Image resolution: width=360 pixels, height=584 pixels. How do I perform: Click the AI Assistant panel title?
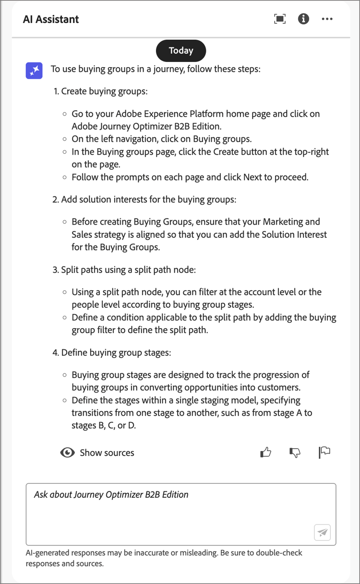point(51,20)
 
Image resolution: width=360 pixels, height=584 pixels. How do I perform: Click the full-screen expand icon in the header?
point(279,19)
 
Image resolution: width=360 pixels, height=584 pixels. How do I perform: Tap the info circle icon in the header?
point(303,19)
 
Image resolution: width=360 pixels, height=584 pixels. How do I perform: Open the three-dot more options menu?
point(327,19)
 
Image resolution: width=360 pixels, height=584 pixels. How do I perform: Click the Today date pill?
point(181,50)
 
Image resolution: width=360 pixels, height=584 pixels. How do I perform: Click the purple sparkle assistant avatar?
point(34,71)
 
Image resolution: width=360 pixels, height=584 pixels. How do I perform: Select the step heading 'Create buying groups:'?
point(104,91)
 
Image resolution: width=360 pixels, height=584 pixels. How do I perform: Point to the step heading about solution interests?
point(148,199)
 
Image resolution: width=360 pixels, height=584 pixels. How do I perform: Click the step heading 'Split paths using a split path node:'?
point(128,270)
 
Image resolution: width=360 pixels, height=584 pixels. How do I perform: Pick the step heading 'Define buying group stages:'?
point(116,353)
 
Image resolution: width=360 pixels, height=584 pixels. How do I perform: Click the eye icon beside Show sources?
point(68,453)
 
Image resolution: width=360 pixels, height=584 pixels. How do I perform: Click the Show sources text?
point(107,453)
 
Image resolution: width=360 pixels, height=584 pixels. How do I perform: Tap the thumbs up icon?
point(265,452)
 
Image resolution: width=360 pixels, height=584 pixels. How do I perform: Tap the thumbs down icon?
point(295,452)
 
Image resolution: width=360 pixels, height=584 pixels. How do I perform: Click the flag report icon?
point(324,452)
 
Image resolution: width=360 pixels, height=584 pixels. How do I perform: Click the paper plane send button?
point(323,532)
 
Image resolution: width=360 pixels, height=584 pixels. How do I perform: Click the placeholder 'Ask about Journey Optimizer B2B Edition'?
point(111,495)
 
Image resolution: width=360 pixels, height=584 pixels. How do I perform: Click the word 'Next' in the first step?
point(252,177)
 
